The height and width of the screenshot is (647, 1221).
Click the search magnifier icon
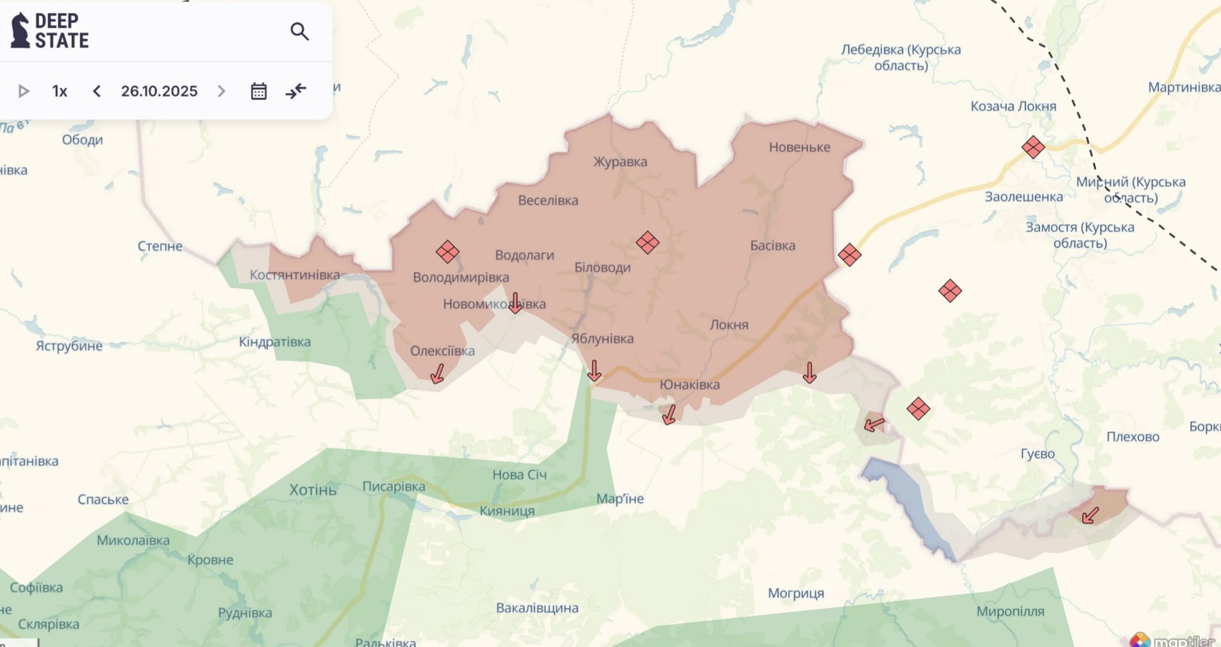coord(299,31)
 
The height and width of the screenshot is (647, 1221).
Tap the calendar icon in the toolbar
coord(258,91)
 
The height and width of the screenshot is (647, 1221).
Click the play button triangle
coord(24,91)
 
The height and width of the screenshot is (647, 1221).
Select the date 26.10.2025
coord(159,91)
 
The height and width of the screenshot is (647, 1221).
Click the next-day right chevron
coord(222,91)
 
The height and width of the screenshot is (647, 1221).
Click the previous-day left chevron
coord(97,91)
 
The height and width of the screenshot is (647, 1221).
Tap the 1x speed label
coord(60,91)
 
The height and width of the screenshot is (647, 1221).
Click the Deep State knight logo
coord(21,30)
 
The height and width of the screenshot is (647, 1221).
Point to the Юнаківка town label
coord(690,385)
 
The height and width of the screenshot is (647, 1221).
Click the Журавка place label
coord(620,162)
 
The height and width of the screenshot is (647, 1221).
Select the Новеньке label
coord(799,147)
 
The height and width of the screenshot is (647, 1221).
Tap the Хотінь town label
coord(313,490)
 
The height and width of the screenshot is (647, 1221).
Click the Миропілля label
coord(1010,612)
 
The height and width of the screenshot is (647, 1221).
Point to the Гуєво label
coord(1037,454)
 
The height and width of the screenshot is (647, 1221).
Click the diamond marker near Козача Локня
coord(1033,147)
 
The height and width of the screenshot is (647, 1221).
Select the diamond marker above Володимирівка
coord(447,252)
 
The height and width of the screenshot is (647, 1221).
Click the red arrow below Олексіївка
coord(438,373)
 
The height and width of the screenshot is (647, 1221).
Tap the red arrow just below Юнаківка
coord(669,414)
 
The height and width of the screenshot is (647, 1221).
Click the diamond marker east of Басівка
coord(849,255)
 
